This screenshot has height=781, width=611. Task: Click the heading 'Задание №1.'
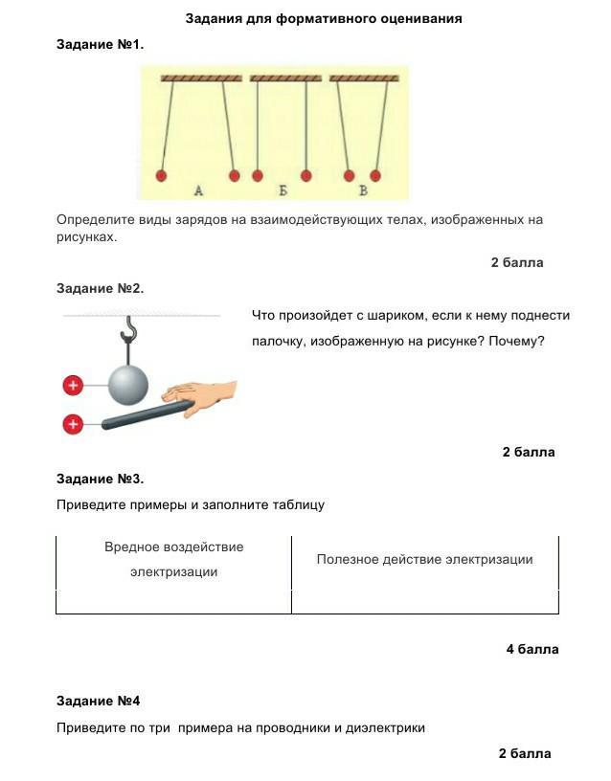(101, 44)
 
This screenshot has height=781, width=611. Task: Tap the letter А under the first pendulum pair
(198, 191)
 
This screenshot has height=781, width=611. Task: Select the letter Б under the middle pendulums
(283, 191)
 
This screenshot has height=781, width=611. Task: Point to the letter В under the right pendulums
(363, 191)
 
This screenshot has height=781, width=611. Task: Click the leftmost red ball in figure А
(161, 175)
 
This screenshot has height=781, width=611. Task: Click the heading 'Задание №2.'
(101, 288)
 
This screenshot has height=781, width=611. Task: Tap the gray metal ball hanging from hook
(128, 385)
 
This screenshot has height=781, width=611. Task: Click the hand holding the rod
(202, 393)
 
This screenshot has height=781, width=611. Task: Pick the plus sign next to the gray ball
(73, 386)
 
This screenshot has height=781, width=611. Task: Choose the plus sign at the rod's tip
(73, 424)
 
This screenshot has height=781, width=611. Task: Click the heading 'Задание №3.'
(101, 479)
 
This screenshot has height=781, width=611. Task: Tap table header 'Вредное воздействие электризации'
(174, 559)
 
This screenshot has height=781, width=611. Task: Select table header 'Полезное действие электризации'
(424, 559)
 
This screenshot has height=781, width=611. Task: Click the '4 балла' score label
(532, 649)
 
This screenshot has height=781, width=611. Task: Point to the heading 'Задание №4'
(99, 701)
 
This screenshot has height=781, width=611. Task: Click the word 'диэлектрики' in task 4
(389, 727)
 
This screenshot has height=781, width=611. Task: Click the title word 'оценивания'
(418, 18)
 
